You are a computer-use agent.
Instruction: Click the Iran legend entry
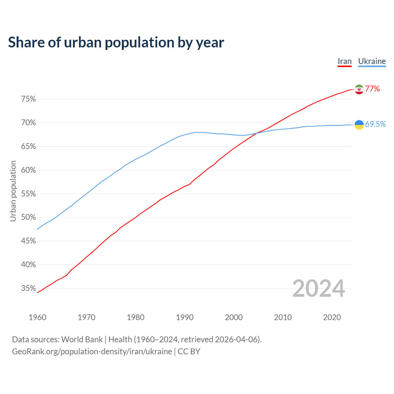coord(344,62)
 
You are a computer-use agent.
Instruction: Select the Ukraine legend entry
coord(372,62)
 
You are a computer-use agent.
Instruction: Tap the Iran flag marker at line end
coord(359,89)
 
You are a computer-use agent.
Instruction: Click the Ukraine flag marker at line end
coord(359,125)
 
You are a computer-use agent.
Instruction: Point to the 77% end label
coord(372,89)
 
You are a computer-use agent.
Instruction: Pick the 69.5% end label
coord(376,124)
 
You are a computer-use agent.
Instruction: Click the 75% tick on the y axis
coord(28,99)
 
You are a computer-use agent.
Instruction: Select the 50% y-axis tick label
coord(28,217)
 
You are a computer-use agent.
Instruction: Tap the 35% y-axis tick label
coord(28,288)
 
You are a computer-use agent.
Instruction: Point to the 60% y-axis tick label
coord(28,170)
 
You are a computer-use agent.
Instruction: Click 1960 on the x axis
coord(37,317)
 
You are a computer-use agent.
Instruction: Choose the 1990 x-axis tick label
coord(185,317)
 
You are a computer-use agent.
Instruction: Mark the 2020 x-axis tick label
coord(332,317)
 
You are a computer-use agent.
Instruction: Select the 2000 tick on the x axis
coord(234,317)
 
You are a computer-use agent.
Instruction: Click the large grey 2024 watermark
coord(319,288)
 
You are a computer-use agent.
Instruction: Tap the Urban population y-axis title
coord(13,191)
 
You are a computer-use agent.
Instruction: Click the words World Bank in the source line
coord(82,340)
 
